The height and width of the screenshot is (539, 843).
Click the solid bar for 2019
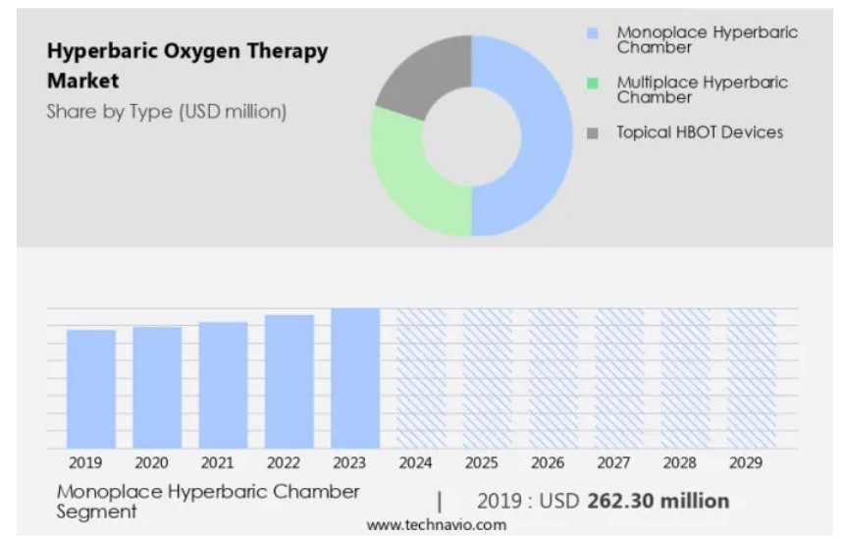91,389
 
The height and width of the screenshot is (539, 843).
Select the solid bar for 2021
223,385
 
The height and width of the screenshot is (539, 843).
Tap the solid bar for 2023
355,378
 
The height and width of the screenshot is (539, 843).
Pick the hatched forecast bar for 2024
421,378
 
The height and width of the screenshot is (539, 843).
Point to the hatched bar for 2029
751,378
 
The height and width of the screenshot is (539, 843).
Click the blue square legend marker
592,33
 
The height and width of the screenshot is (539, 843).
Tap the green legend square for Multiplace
592,82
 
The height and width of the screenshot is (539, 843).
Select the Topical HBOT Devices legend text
699,132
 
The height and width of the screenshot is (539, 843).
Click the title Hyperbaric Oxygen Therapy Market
186,66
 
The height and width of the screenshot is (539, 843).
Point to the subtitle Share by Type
166,112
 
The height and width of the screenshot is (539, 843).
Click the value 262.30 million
659,501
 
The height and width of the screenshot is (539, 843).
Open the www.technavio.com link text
437,525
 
